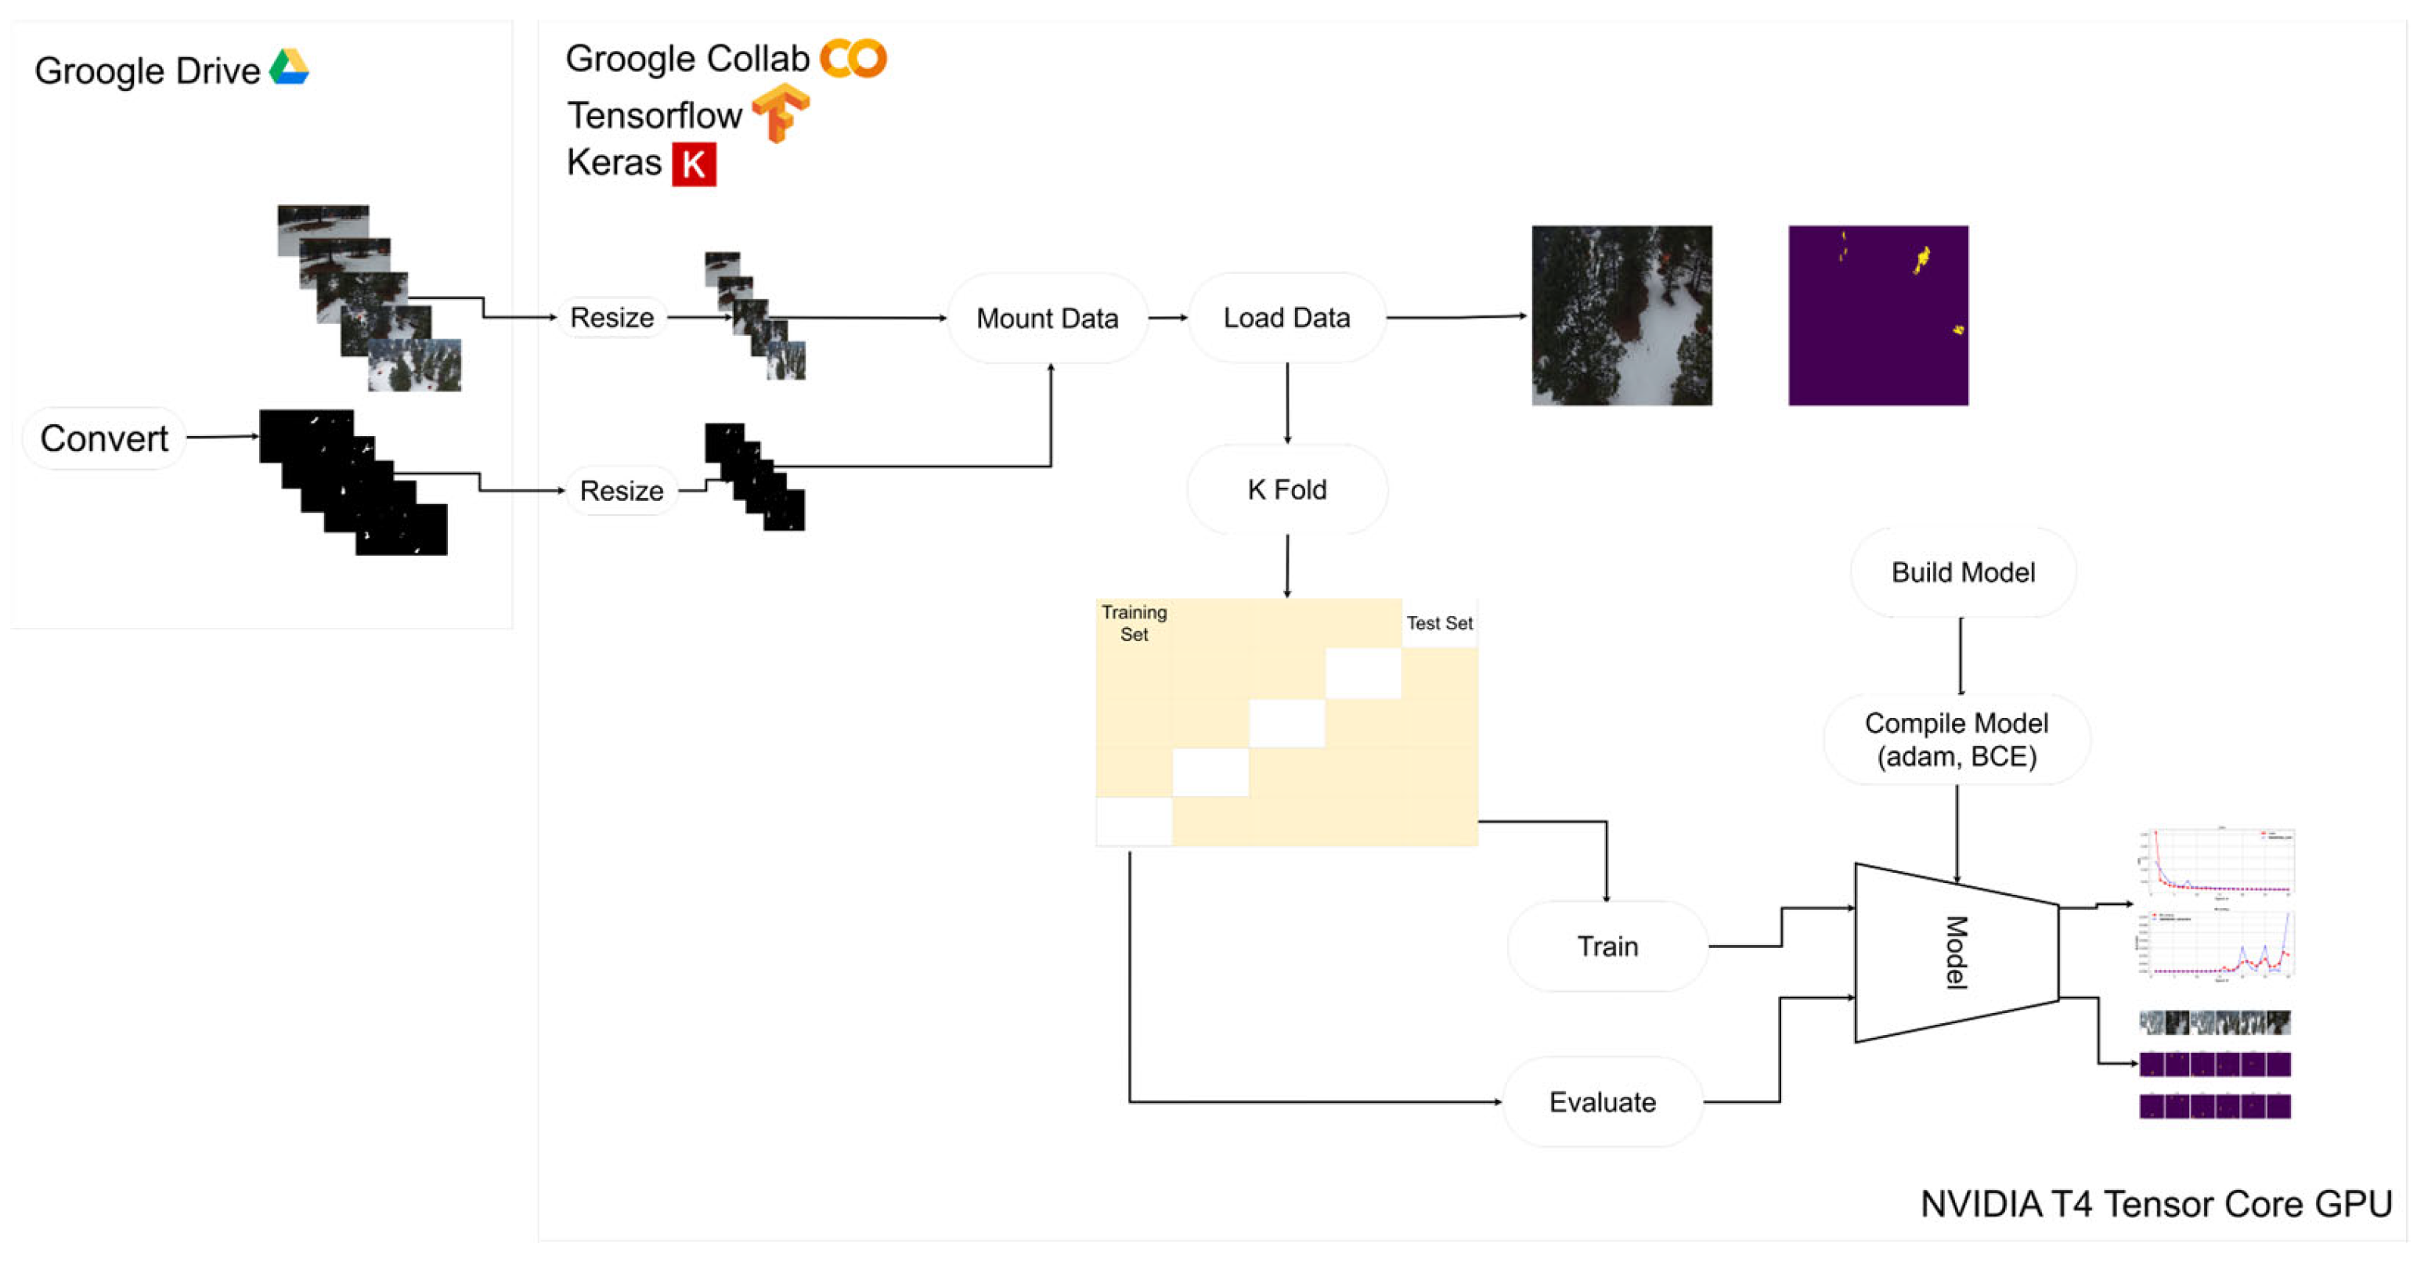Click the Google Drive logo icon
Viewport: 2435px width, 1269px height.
[x=289, y=67]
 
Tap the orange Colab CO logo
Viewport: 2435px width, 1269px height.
[x=853, y=59]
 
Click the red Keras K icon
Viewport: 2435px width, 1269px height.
[x=694, y=164]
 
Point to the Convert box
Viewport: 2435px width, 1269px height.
[x=104, y=438]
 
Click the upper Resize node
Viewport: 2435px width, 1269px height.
[x=611, y=318]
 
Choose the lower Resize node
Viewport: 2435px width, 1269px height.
[x=621, y=490]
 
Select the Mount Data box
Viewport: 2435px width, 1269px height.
[x=1048, y=319]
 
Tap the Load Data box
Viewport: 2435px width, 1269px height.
[x=1286, y=318]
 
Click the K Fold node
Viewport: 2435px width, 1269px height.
[x=1286, y=489]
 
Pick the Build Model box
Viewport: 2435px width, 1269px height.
[x=1962, y=572]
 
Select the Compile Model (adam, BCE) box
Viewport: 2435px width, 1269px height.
[x=1957, y=740]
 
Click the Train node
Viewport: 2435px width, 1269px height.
[x=1607, y=946]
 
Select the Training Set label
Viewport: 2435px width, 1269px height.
[x=1135, y=624]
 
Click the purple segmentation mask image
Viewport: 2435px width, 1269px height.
[x=1878, y=315]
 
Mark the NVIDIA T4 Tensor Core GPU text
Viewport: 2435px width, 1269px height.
[x=2156, y=1204]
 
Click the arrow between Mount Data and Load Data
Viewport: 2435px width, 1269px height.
[x=1168, y=318]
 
